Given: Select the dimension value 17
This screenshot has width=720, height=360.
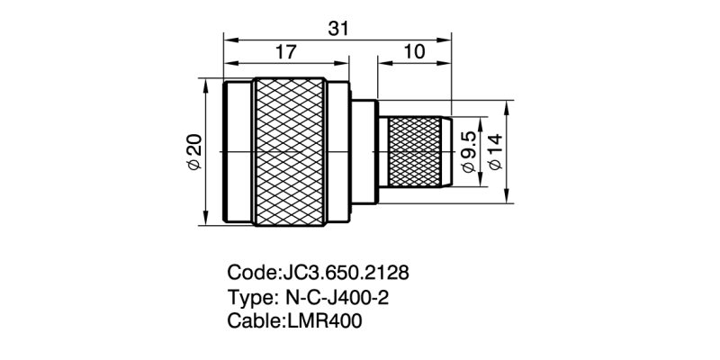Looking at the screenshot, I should (285, 53).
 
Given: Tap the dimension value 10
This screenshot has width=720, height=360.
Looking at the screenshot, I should (415, 53).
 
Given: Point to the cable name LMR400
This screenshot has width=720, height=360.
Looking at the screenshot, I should (325, 321).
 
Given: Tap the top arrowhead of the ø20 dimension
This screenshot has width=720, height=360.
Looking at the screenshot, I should (206, 85).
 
